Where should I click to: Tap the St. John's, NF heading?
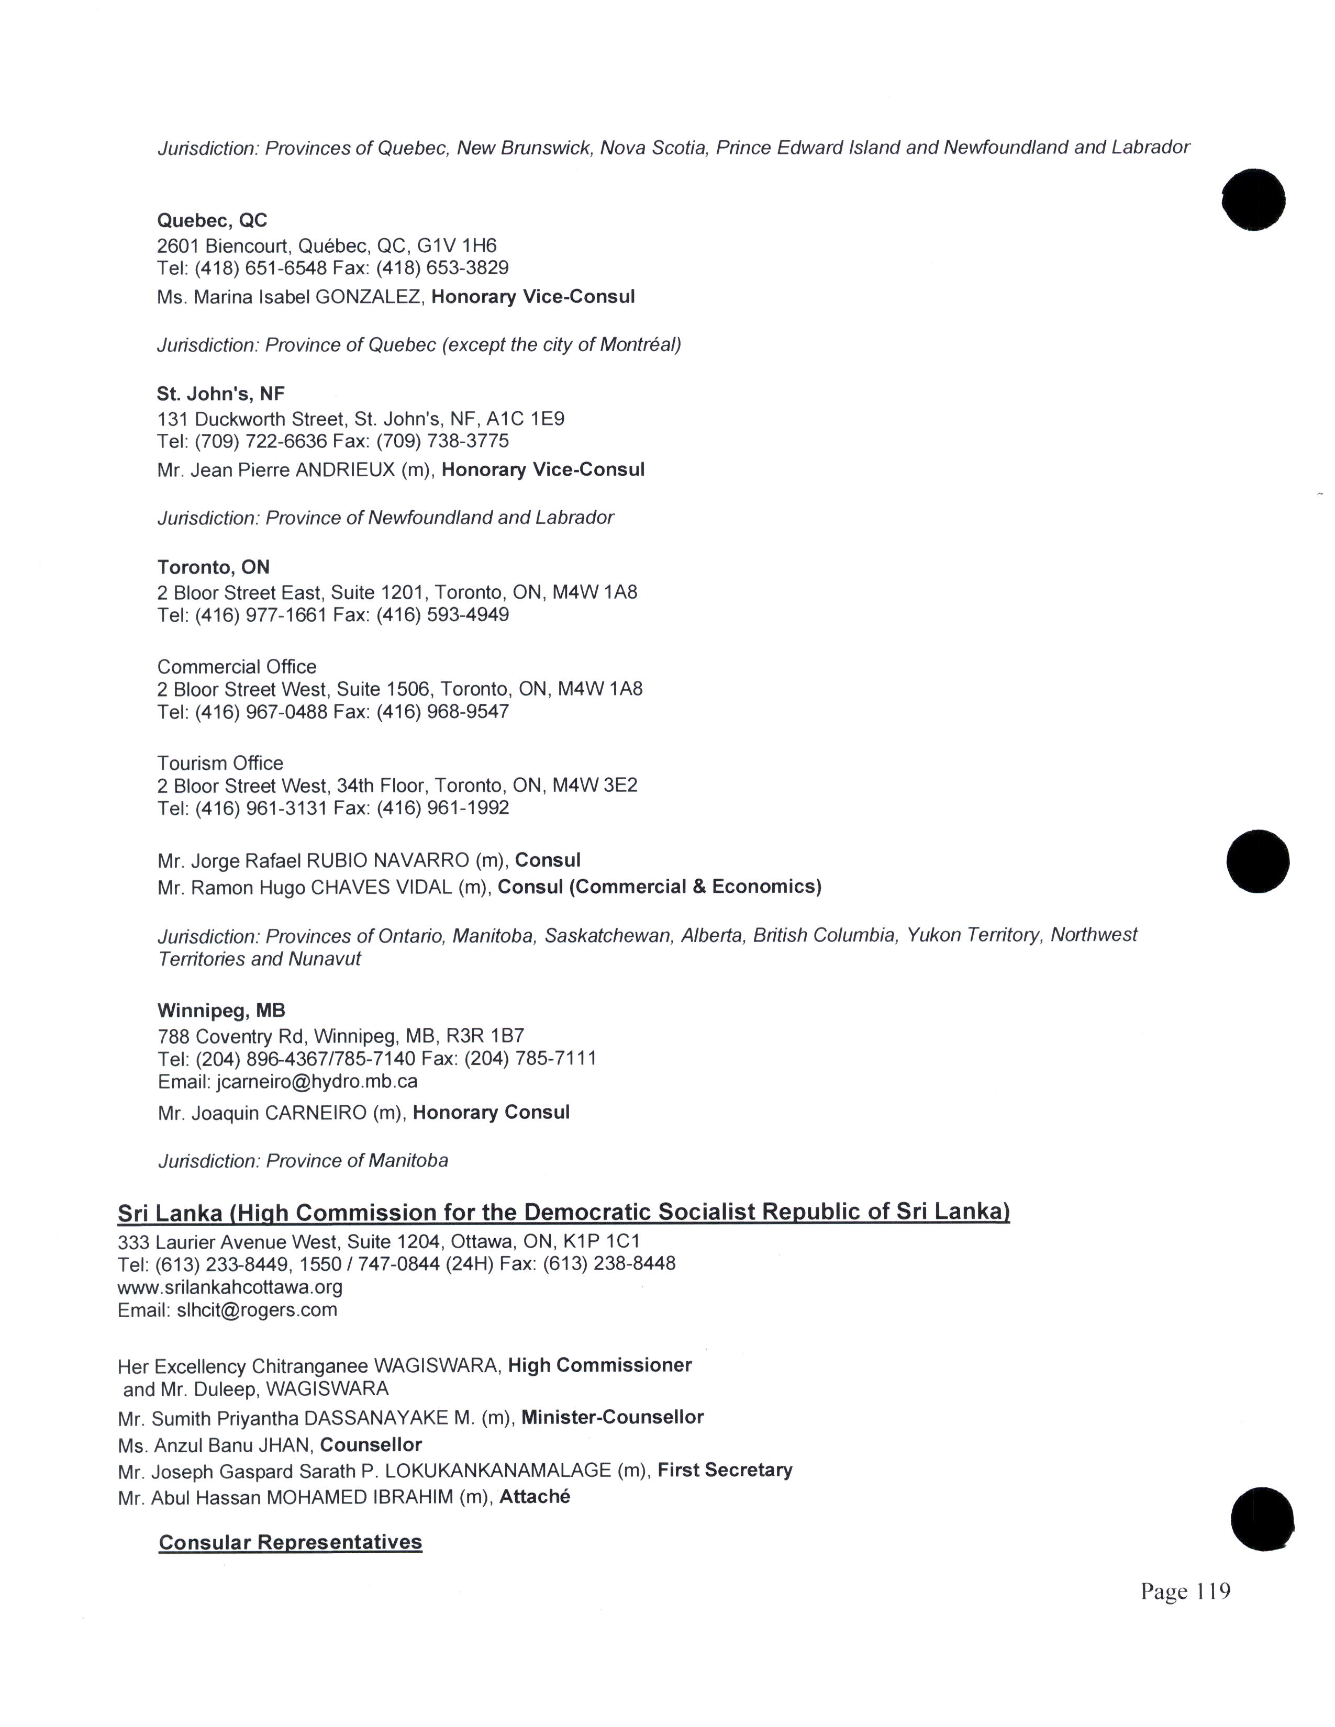pyautogui.click(x=220, y=393)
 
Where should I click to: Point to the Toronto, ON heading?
pyautogui.click(x=214, y=567)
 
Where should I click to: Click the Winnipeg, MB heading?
pyautogui.click(x=221, y=1010)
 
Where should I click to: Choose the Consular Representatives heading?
pyautogui.click(x=290, y=1542)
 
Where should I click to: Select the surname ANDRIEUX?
pyautogui.click(x=345, y=470)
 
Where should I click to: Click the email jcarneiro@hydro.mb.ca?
pyautogui.click(x=316, y=1081)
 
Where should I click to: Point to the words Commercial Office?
pyautogui.click(x=237, y=667)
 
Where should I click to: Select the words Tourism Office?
pyautogui.click(x=220, y=763)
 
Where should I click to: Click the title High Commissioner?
pyautogui.click(x=599, y=1365)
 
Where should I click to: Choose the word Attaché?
pyautogui.click(x=535, y=1497)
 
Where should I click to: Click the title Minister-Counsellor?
pyautogui.click(x=612, y=1417)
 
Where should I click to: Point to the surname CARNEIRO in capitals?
pyautogui.click(x=316, y=1113)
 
